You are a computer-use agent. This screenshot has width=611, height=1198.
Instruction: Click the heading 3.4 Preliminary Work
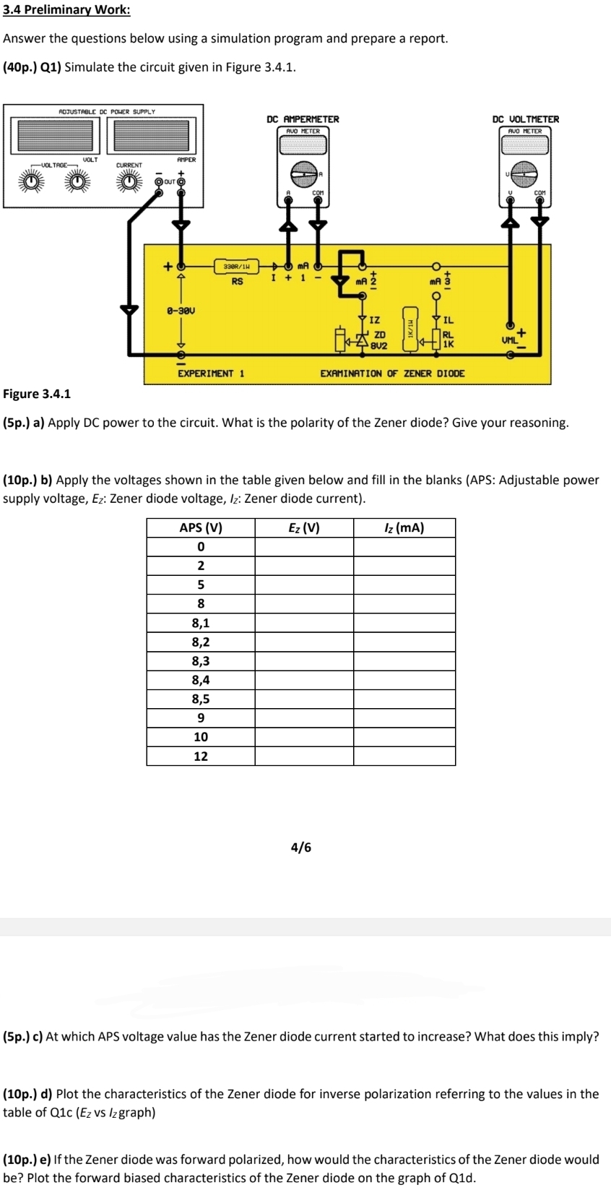point(66,10)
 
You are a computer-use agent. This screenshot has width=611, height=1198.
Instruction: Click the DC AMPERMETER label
point(303,119)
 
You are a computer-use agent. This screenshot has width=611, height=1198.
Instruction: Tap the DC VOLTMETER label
point(525,119)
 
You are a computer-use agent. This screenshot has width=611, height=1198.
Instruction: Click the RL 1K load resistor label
point(448,340)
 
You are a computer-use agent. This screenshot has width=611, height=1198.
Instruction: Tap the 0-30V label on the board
point(181,311)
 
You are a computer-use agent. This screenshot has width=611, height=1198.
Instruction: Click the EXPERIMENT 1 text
point(211,374)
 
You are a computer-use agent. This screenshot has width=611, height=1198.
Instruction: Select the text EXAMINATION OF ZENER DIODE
point(392,374)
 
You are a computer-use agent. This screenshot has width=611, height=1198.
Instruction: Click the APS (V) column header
point(201,527)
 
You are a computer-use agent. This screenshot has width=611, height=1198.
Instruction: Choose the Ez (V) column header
point(303,527)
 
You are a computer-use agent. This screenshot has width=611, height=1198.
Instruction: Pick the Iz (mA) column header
point(404,527)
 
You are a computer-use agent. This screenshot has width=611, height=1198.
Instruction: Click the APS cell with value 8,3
point(201,661)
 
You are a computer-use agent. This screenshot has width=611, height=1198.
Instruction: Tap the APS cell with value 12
point(201,757)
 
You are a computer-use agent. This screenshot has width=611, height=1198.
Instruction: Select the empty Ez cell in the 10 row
point(303,737)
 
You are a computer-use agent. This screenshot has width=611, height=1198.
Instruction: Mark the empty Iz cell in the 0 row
point(404,547)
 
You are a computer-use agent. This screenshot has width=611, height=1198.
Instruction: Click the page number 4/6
point(301,847)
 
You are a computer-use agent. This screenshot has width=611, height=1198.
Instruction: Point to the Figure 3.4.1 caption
point(37,394)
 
